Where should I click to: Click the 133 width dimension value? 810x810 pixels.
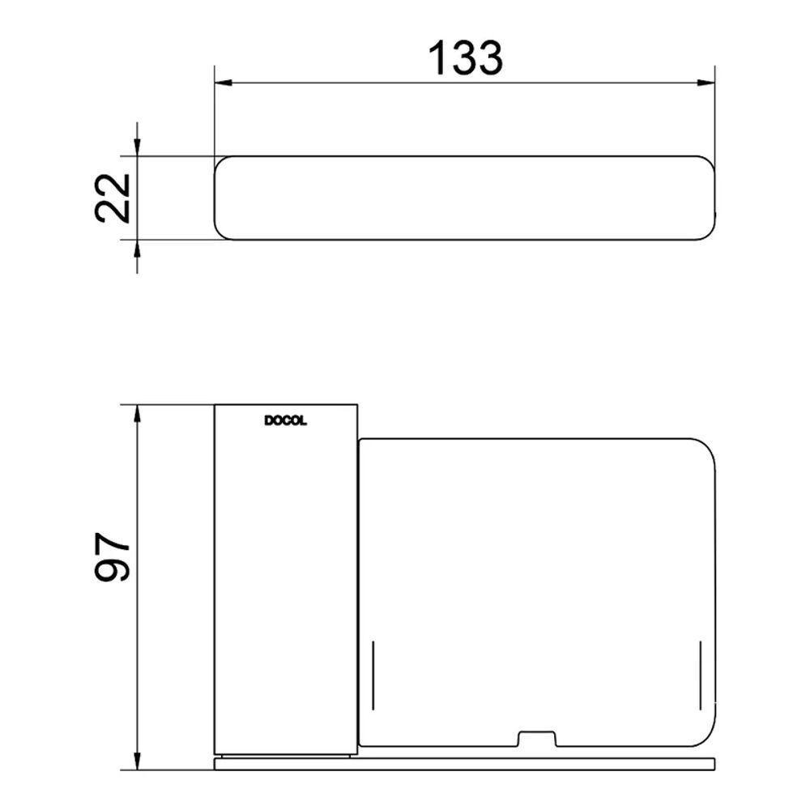466,58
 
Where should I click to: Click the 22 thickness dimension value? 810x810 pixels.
113,198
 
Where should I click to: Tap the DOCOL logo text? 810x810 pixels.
286,421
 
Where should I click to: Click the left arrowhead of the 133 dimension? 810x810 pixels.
224,83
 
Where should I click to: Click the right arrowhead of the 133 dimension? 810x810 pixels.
706,83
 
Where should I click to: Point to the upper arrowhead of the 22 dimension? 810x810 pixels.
137,147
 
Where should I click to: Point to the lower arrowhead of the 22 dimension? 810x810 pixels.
137,249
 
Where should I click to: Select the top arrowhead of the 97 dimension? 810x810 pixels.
137,414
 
